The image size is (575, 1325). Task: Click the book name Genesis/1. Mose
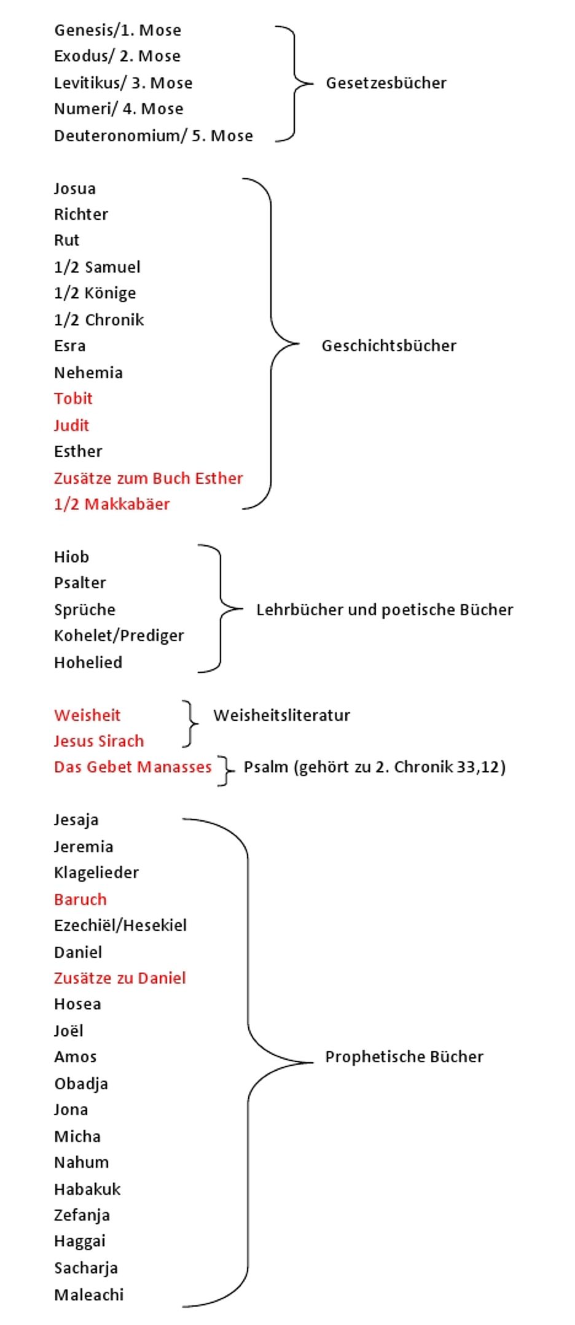coord(117,30)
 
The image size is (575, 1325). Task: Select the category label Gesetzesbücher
coord(386,83)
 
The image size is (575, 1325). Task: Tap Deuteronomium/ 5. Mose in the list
coord(153,136)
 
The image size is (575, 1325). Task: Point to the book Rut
coord(66,240)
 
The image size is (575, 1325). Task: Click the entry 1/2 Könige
coord(95,293)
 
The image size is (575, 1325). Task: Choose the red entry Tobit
coord(73,398)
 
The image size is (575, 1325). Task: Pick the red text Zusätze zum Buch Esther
coord(148,478)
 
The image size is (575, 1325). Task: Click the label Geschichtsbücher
coord(389,346)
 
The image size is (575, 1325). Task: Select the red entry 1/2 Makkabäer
coord(112,504)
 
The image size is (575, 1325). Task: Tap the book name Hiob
coord(71,557)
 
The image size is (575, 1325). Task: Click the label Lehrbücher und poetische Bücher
coord(385,610)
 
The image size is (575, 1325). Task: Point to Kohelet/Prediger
coord(119,635)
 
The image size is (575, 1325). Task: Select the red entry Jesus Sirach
coord(98,741)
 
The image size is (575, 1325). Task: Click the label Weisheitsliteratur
coord(281,715)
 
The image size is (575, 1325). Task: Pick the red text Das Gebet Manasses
coord(133,767)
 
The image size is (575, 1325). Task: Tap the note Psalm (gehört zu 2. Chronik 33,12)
coord(374,767)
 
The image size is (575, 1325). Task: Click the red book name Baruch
coord(80,900)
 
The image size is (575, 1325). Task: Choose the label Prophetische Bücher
coord(404,1057)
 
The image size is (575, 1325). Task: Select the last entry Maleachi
coord(88,1295)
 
